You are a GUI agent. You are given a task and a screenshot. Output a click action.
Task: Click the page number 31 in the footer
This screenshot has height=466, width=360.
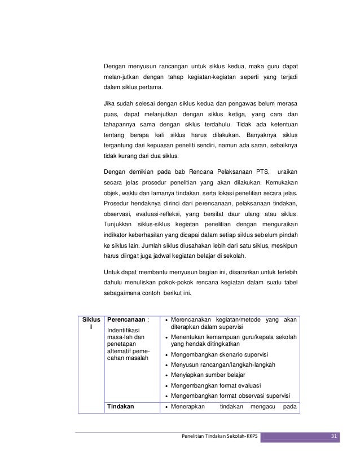pyautogui.click(x=333, y=436)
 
